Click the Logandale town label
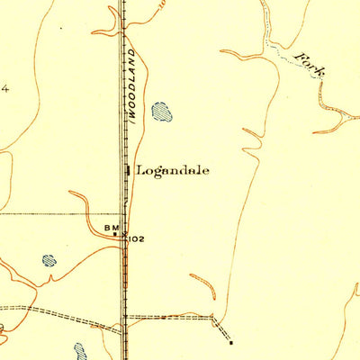pos(173,169)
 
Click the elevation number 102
pos(137,239)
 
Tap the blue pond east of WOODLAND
pos(162,112)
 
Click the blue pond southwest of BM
pos(49,261)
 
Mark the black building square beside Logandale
pos(129,169)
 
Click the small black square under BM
pos(115,236)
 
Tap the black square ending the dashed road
pos(231,343)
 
